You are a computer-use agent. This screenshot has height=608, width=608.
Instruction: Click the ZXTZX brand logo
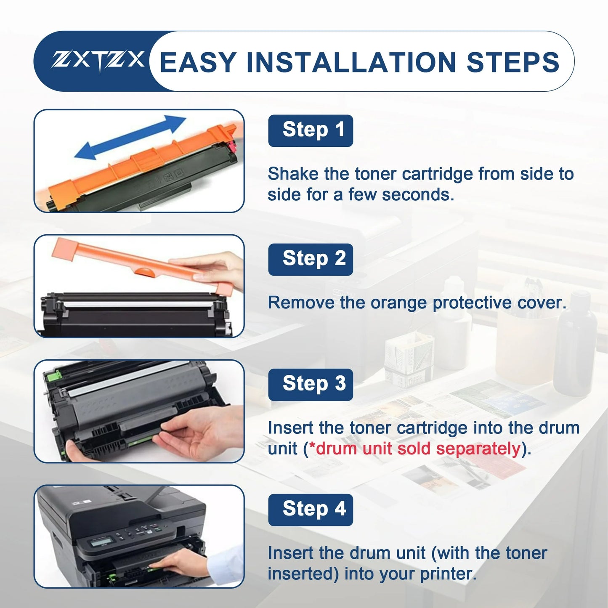coord(98,61)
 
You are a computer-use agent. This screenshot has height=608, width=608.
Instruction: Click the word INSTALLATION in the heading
coord(351,62)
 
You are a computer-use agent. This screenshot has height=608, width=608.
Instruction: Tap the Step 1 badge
coord(311,130)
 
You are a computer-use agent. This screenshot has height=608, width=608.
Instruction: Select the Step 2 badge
coord(311,259)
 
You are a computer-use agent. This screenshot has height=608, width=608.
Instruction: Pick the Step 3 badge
coord(311,384)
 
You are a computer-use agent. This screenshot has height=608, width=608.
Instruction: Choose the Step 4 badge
coord(311,510)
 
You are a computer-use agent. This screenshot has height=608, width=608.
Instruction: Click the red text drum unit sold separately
coord(417,449)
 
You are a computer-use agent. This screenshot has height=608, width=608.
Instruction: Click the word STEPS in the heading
coord(513,62)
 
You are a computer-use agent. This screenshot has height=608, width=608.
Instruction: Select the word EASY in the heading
coord(198,62)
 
